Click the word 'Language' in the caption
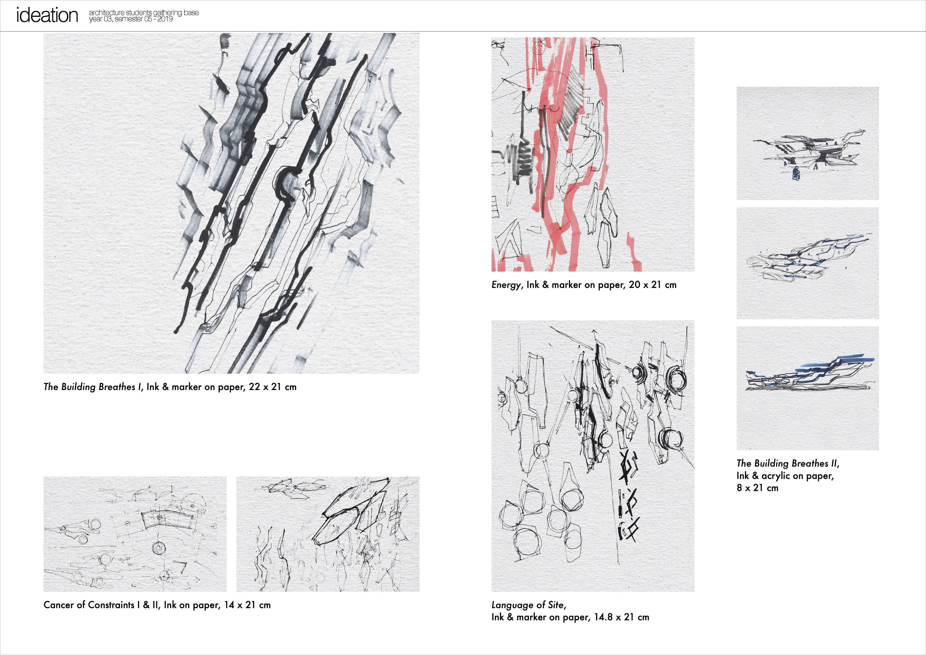tap(511, 605)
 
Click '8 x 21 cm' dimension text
tap(757, 488)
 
